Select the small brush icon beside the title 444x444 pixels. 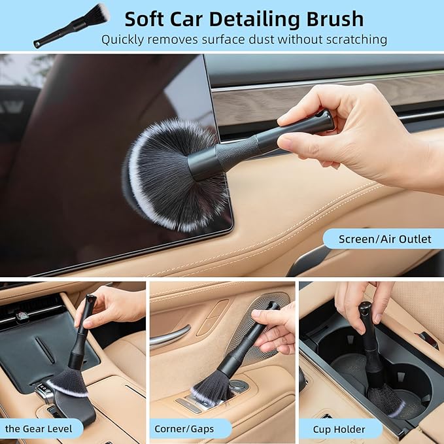point(72,25)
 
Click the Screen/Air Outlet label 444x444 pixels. point(384,239)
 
